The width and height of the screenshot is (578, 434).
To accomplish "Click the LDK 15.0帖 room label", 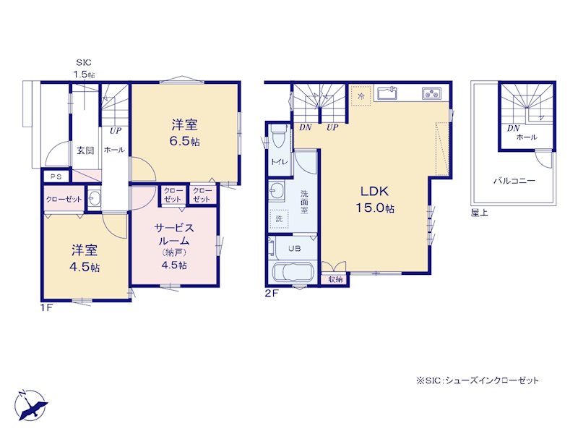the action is click(374, 200).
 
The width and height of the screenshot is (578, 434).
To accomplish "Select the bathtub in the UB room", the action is click(293, 273).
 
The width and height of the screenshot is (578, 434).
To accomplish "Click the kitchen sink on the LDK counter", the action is click(386, 93).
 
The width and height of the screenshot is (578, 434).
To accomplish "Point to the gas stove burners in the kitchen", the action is click(431, 93).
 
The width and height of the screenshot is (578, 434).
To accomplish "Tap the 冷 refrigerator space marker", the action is click(361, 96).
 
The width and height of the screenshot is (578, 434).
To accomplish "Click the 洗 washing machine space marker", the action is click(279, 219).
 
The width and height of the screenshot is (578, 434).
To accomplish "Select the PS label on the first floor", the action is click(56, 176).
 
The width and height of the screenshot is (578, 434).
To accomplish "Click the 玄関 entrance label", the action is click(85, 150).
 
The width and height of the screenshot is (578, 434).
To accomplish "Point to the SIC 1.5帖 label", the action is click(84, 68).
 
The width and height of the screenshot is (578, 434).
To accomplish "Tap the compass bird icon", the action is click(32, 405).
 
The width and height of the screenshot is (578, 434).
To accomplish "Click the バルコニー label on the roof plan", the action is click(514, 181).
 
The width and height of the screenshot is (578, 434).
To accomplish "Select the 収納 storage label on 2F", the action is click(335, 279).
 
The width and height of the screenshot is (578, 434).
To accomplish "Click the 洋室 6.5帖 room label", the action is click(185, 133).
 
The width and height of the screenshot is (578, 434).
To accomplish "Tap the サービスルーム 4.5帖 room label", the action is click(174, 246).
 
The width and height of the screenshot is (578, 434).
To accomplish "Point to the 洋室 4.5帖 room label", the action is click(85, 258).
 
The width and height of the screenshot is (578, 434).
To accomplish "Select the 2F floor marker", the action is click(272, 294).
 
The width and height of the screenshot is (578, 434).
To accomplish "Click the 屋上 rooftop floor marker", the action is click(479, 212).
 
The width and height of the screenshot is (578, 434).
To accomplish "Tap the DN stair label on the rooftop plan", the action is click(513, 128).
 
